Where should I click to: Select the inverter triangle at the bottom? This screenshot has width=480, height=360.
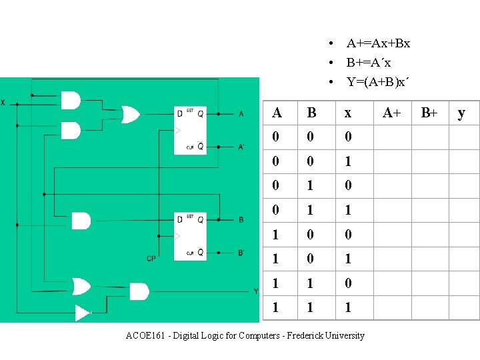pyautogui.click(x=83, y=312)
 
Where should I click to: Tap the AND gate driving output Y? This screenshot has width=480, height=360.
pyautogui.click(x=139, y=291)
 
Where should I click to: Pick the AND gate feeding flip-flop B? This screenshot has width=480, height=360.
pyautogui.click(x=81, y=221)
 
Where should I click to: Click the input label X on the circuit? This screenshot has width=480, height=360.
pyautogui.click(x=3, y=103)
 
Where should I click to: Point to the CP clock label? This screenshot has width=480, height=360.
pyautogui.click(x=151, y=259)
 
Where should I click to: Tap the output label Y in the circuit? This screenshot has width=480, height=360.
pyautogui.click(x=255, y=291)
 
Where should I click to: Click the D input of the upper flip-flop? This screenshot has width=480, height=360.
pyautogui.click(x=179, y=113)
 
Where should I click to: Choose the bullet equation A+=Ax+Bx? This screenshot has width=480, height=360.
pyautogui.click(x=378, y=43)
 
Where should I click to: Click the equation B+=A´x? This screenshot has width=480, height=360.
pyautogui.click(x=369, y=63)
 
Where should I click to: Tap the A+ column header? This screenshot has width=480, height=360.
pyautogui.click(x=391, y=113)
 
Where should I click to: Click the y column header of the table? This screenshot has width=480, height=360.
pyautogui.click(x=461, y=113)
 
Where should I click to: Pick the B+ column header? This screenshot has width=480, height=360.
pyautogui.click(x=429, y=113)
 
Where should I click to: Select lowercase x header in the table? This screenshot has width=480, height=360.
pyautogui.click(x=347, y=113)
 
